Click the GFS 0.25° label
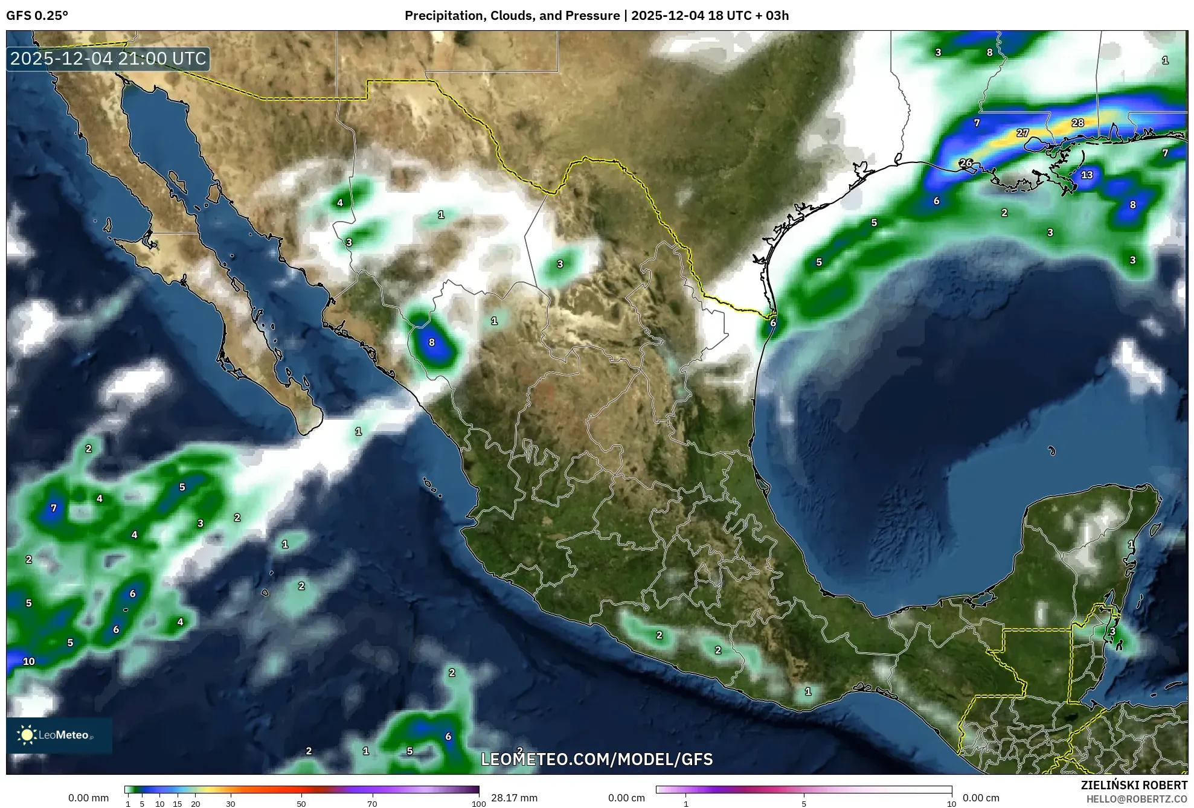[x=37, y=16]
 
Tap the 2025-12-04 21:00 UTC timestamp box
[x=109, y=59]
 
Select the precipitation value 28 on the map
[x=1077, y=123]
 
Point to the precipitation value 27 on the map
[x=1022, y=133]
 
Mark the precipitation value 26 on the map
[x=966, y=163]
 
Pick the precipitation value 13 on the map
[x=1086, y=175]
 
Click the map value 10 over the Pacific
[x=29, y=661]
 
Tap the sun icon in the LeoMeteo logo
[x=27, y=735]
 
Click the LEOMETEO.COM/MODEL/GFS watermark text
[x=597, y=759]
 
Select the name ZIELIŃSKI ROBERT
[x=1134, y=785]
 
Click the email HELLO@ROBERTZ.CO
[x=1137, y=799]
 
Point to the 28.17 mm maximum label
[x=514, y=798]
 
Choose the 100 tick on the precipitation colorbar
[x=478, y=804]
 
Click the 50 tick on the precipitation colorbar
[x=301, y=804]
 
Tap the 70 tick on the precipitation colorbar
[x=372, y=804]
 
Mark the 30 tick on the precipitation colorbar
[x=231, y=804]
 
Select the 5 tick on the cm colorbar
[x=804, y=804]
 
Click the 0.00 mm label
[x=88, y=798]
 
